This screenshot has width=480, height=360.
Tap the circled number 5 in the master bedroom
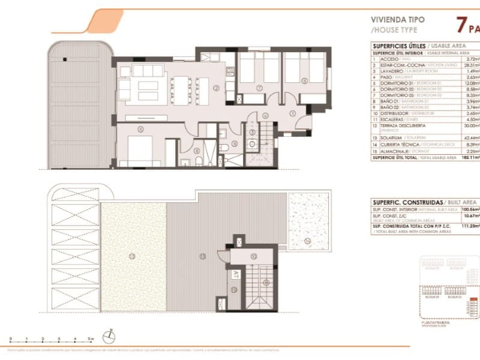140,128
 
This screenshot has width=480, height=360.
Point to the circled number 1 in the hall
293,113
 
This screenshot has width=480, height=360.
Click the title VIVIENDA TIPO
397,19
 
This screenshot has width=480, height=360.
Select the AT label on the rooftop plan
234,274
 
